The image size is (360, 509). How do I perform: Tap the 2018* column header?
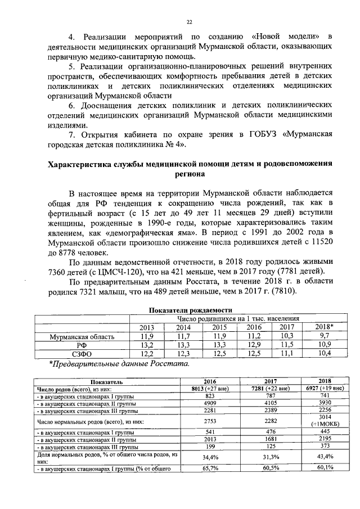325,327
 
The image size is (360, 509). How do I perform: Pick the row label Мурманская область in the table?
83,336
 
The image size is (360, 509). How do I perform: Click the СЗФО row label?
83,354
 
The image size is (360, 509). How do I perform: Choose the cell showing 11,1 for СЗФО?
287,354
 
